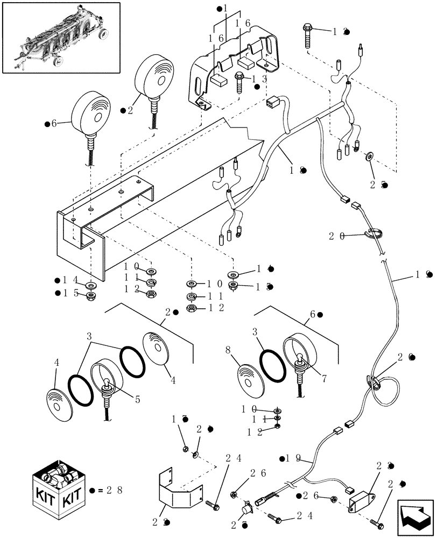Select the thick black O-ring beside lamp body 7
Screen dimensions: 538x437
click(x=273, y=362)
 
